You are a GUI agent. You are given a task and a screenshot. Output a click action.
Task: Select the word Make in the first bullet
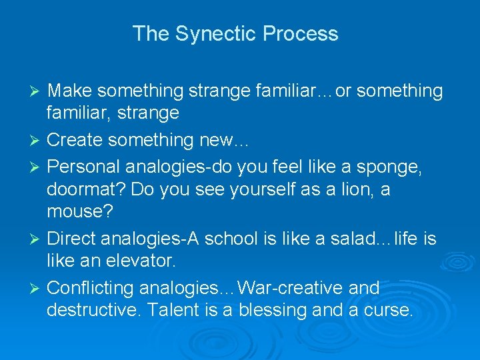(x=72, y=91)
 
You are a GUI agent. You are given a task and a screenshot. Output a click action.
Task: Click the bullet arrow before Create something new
(x=37, y=141)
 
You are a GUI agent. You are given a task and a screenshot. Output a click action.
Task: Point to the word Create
(x=75, y=140)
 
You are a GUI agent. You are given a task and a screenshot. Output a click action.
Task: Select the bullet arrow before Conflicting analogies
(x=37, y=289)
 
